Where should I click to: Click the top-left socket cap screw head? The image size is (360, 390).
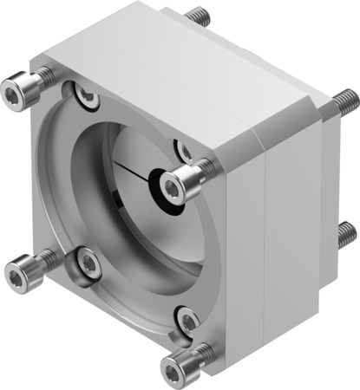pyautogui.click(x=16, y=89)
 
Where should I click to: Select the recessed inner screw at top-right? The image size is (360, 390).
pyautogui.click(x=184, y=152)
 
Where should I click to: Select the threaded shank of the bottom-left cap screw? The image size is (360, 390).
pyautogui.click(x=42, y=264)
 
